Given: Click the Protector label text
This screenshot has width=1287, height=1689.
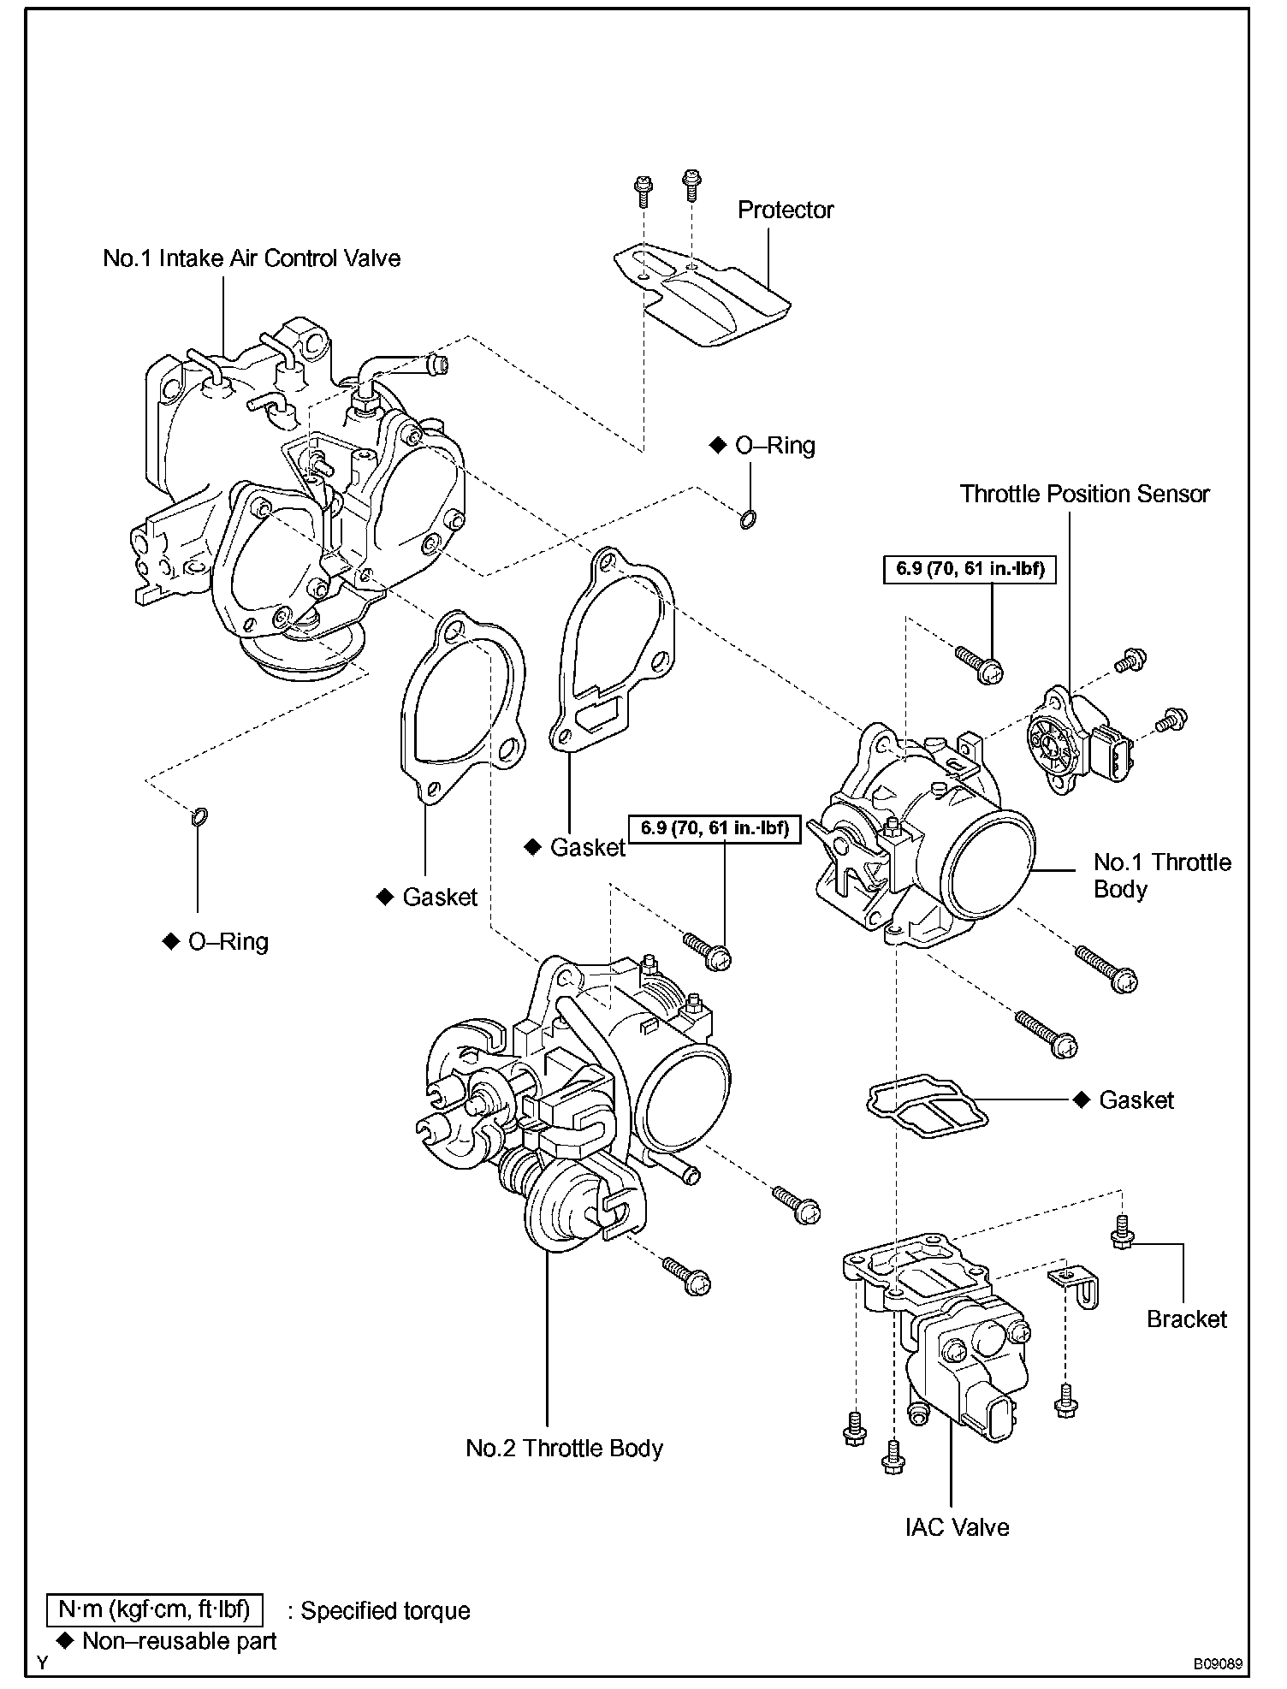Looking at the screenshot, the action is pyautogui.click(x=785, y=210).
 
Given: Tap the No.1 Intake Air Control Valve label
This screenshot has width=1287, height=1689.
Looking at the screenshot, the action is pyautogui.click(x=252, y=258).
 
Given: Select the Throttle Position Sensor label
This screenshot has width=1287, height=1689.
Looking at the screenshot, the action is pyautogui.click(x=1084, y=494).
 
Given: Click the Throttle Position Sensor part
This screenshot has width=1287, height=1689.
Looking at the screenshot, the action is pyautogui.click(x=1081, y=740).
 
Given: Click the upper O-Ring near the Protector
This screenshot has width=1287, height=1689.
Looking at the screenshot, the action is pyautogui.click(x=747, y=519).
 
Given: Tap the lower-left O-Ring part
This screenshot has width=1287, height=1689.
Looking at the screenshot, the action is pyautogui.click(x=199, y=817).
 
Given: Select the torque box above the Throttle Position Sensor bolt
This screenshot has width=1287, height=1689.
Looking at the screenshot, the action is pyautogui.click(x=970, y=569).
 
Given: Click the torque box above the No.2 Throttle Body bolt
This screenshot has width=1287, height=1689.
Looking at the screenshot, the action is pyautogui.click(x=715, y=828).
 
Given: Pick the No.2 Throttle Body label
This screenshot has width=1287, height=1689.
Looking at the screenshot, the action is pyautogui.click(x=564, y=1449).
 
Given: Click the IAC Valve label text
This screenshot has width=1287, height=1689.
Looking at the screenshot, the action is pyautogui.click(x=957, y=1527).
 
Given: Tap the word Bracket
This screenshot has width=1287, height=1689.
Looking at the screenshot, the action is pyautogui.click(x=1187, y=1319).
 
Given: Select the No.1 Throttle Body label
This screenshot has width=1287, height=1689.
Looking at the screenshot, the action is pyautogui.click(x=1162, y=875).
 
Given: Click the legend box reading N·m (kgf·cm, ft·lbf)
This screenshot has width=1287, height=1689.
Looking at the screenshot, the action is pyautogui.click(x=154, y=1609).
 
